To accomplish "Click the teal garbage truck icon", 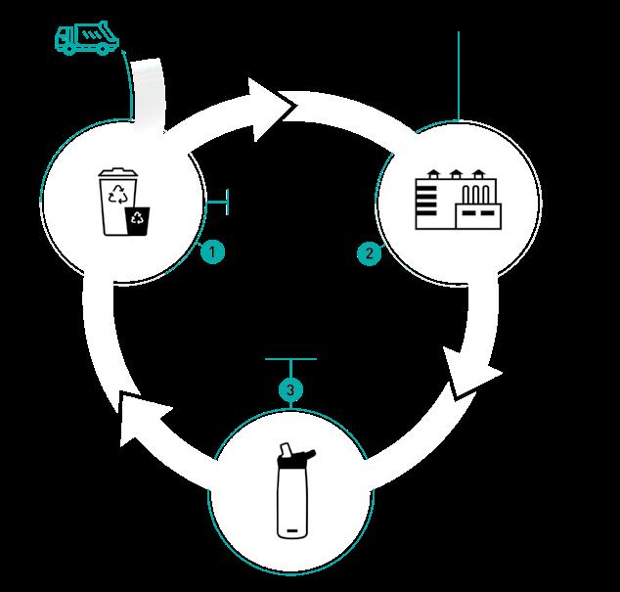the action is pos(87,38).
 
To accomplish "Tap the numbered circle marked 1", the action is pos(212,251).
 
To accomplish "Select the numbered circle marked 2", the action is pos(370,253).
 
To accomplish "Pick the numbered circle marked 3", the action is pos(290,389).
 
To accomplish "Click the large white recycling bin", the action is pos(116,202).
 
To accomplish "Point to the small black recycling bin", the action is pos(137,221).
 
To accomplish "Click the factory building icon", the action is pos(459,200).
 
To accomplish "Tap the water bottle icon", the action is pos(293,490).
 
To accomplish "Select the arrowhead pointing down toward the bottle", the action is pos(470,374).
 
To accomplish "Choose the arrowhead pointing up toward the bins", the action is pos(143,418).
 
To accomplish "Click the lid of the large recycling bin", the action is pos(117,173).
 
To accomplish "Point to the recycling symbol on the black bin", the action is pos(137,217).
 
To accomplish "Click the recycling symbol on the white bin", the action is pos(116,194).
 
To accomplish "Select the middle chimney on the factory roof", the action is pos(456,174).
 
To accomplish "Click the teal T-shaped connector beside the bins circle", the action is pos(218,202).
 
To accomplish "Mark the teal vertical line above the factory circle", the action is pos(459,76).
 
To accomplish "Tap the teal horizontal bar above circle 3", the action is pos(290,359).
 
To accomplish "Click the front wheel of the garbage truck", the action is pos(69,49).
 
